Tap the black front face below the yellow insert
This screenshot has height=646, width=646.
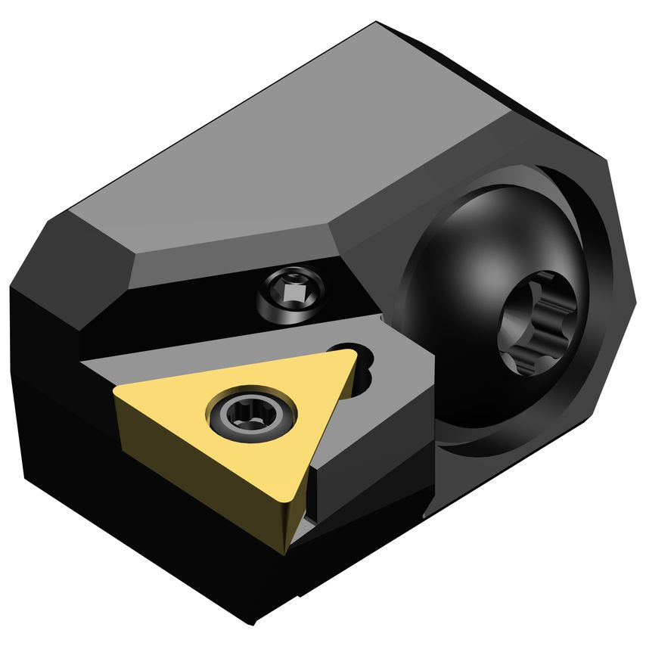(151, 530)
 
